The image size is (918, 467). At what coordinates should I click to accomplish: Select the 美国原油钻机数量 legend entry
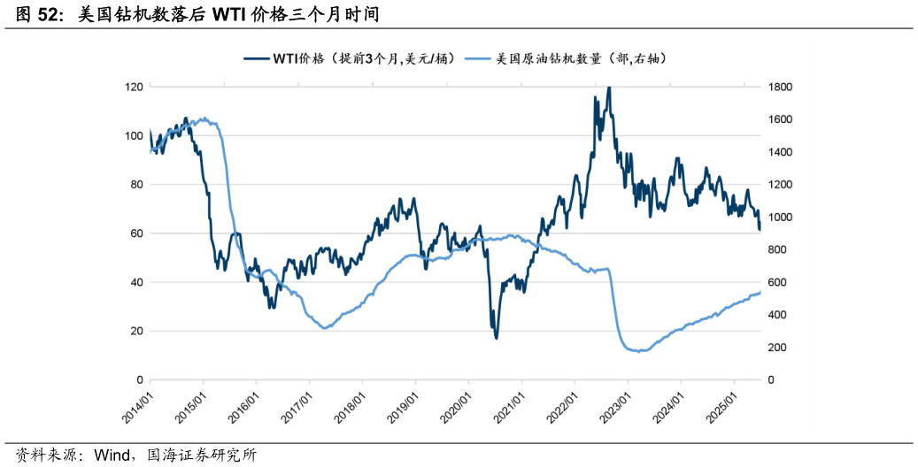point(580,58)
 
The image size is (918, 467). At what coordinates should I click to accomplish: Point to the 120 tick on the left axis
point(134,87)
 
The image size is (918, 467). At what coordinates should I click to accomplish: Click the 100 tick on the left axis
point(134,135)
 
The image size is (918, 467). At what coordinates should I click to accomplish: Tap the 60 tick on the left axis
point(136,233)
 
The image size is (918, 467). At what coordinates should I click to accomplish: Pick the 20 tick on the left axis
point(136,331)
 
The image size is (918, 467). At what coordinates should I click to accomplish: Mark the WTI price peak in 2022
point(608,88)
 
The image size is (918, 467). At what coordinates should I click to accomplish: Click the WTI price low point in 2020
point(496,338)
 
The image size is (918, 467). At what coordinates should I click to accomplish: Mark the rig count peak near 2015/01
point(204,119)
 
